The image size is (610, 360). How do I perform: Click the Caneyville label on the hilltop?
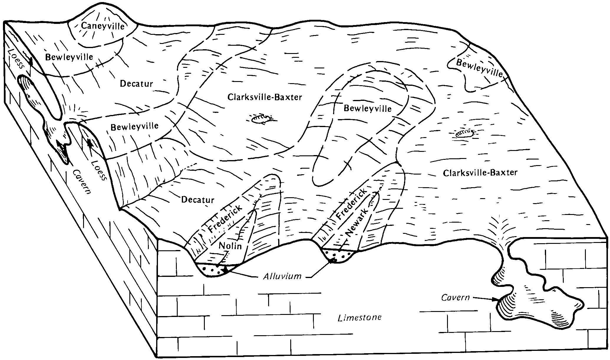point(103,26)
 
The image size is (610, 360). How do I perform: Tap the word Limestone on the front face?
point(360,318)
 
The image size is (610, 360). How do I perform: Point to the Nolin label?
point(230,245)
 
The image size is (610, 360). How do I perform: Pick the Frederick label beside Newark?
point(352,203)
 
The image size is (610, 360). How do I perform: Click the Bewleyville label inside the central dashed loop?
point(368,109)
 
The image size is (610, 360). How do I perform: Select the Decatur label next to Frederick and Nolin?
point(197,200)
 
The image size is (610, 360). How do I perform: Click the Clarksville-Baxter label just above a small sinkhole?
point(265,97)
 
